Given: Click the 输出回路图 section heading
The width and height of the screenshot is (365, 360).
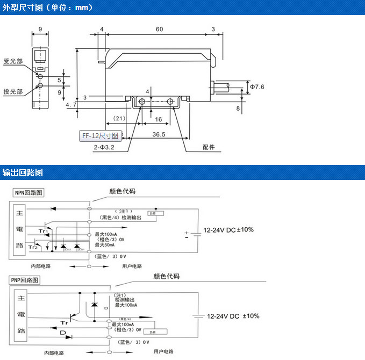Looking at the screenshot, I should point(23,172).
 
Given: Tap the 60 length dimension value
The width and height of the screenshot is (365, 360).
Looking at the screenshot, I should point(160,29).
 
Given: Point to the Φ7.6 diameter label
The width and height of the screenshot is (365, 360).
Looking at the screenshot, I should point(257,86).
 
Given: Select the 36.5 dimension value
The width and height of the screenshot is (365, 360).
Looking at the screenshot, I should point(159,134).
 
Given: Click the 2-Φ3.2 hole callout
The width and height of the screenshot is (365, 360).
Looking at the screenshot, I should point(104,146).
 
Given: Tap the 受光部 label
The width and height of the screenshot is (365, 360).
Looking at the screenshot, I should point(13,61).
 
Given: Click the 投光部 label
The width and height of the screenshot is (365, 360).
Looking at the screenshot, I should point(13,91).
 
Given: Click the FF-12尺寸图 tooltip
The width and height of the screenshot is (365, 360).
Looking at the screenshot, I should point(101,136).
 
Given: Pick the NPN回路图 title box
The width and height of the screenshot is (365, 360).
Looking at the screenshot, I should point(28,192).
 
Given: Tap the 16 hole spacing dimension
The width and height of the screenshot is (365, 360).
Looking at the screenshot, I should point(159,119).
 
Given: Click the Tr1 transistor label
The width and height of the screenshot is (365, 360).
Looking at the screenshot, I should point(43,231).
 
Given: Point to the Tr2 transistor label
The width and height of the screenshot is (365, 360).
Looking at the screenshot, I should point(33,247).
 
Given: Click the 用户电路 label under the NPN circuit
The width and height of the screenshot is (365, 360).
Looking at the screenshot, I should point(132,266).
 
